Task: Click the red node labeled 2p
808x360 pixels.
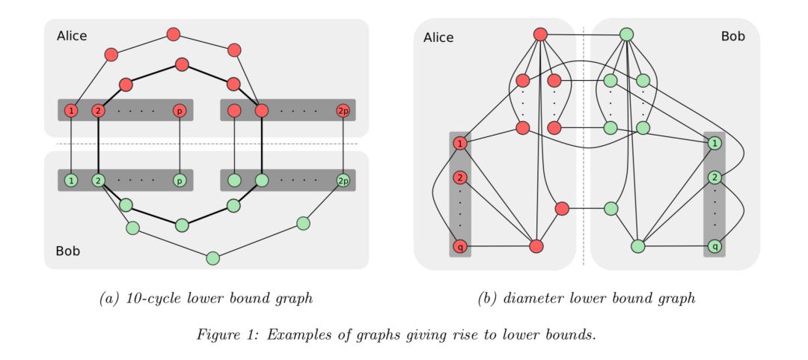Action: [343, 111]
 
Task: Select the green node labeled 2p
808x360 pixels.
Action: [343, 180]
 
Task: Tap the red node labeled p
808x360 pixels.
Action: [180, 111]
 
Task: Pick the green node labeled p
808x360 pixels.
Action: [180, 180]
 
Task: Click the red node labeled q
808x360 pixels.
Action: [460, 246]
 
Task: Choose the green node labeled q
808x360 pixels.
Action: [714, 246]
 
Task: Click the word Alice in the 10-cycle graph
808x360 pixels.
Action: [72, 36]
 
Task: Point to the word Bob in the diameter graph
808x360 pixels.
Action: [732, 36]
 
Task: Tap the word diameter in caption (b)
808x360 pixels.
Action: [533, 299]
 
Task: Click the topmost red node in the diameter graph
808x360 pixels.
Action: [541, 34]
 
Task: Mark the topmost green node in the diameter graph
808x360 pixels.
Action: [627, 34]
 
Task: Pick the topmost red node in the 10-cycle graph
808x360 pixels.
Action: [174, 34]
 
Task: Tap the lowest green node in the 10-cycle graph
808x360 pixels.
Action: [212, 257]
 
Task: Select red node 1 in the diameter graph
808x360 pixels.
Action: [460, 143]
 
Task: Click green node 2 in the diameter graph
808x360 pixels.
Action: [714, 178]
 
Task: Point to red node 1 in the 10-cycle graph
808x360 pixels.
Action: [71, 111]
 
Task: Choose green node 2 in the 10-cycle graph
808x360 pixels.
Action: [98, 180]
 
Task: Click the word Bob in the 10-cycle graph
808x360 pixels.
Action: [68, 251]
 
